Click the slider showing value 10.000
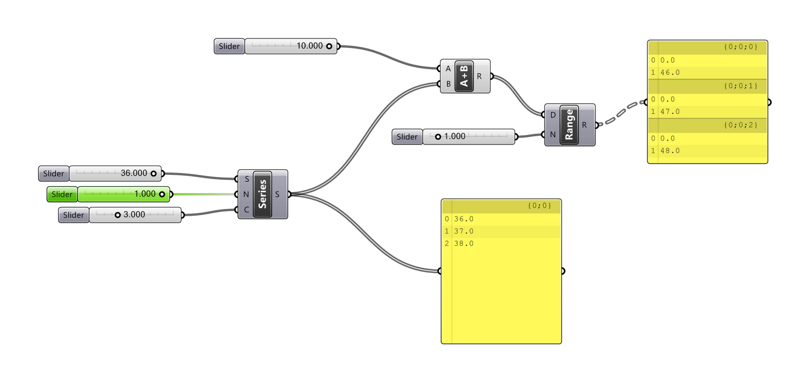click(x=291, y=46)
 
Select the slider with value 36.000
click(x=115, y=173)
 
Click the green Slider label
click(x=62, y=195)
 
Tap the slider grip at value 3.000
click(x=117, y=215)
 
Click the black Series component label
click(x=262, y=195)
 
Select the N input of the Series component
click(x=246, y=195)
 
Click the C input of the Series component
click(x=246, y=210)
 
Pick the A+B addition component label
click(x=464, y=76)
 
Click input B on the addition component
click(x=448, y=84)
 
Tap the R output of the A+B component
click(x=480, y=76)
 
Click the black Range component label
click(x=569, y=125)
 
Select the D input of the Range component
click(x=553, y=115)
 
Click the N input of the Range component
click(x=553, y=135)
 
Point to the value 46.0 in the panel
click(x=670, y=73)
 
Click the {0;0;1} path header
click(x=741, y=86)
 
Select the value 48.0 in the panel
click(x=670, y=151)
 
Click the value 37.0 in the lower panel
click(x=463, y=231)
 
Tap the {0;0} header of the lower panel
click(x=539, y=206)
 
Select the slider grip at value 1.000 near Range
click(x=438, y=137)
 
